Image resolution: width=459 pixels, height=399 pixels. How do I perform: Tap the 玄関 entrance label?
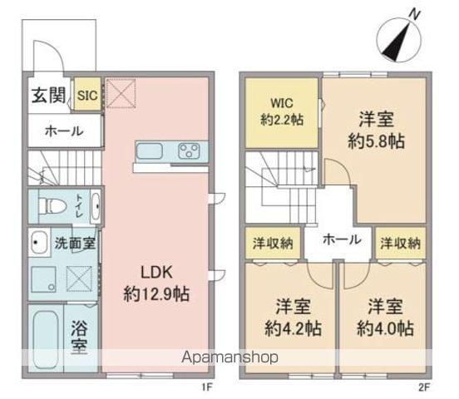click(49, 96)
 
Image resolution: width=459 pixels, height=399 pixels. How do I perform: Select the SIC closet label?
click(86, 96)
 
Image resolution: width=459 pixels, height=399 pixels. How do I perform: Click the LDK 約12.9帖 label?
click(155, 282)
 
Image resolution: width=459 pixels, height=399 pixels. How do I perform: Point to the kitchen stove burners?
click(188, 152)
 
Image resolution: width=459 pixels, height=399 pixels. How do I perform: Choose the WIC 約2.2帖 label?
click(279, 111)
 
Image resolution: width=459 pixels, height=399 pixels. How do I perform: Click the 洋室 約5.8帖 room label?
click(376, 129)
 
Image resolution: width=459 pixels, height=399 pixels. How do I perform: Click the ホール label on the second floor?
click(341, 239)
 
